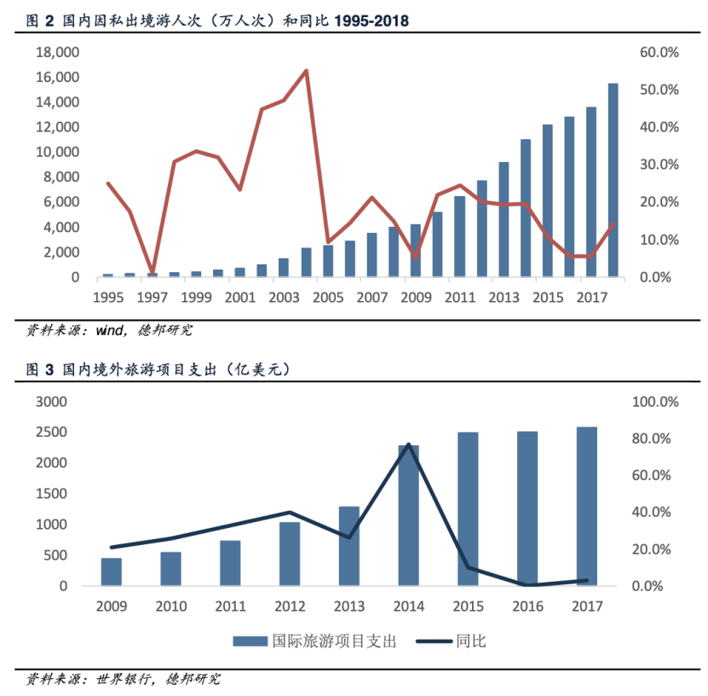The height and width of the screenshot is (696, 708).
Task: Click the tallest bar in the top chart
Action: point(613,180)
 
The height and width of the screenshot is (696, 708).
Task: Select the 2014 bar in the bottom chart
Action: point(408,515)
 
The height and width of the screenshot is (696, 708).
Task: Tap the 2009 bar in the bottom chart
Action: point(112,571)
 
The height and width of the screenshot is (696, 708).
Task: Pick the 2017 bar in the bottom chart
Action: point(586,507)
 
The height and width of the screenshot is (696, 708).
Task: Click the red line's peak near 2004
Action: point(306,71)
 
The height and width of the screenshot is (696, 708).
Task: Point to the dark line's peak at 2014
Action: point(408,444)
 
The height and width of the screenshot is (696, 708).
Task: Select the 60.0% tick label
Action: point(659,52)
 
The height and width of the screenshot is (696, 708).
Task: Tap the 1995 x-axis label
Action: point(108,298)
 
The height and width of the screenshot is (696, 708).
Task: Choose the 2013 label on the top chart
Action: point(504,298)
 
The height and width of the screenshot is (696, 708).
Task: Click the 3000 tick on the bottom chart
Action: point(51,402)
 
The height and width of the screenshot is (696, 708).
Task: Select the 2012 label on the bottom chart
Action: point(290,606)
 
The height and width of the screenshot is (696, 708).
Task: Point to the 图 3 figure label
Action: point(41,369)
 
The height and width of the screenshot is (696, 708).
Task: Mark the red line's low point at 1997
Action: point(152,273)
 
